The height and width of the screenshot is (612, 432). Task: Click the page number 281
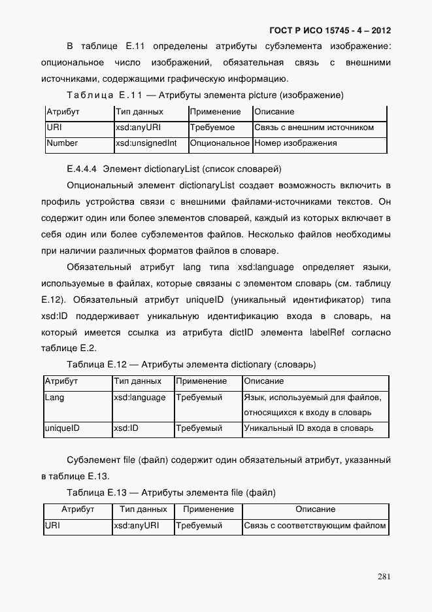pos(384,576)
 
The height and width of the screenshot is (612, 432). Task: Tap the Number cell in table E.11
pos(63,143)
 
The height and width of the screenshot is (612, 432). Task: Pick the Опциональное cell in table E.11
pos(220,143)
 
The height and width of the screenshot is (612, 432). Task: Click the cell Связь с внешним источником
pos(314,127)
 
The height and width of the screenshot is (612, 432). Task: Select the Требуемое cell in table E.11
pos(212,127)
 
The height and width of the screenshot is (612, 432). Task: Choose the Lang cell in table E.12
pos(54,398)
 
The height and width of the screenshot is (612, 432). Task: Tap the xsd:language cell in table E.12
pos(139,398)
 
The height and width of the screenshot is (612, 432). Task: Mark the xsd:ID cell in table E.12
pos(126,429)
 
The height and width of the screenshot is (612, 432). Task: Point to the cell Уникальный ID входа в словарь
pos(308,429)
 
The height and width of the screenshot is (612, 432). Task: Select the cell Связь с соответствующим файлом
pos(315,525)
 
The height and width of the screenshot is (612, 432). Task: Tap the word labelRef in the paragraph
pos(327,333)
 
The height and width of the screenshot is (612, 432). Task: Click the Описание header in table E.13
pos(315,509)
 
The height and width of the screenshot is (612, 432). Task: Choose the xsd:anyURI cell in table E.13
pos(136,525)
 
